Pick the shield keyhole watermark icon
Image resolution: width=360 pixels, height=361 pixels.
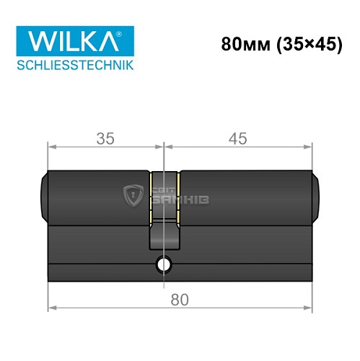tap(133, 195)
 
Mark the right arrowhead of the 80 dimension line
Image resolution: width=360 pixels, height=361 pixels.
tap(311, 309)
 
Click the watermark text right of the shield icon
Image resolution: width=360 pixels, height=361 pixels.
tap(180, 196)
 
